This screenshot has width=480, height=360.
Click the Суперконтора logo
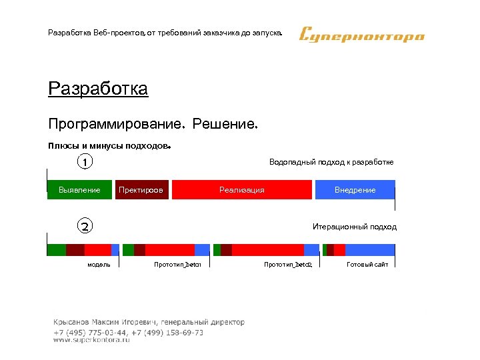point(362,34)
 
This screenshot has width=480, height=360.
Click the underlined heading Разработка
point(98,89)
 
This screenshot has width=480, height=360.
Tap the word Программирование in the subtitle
point(115,124)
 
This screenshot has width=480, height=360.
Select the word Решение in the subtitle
point(225,124)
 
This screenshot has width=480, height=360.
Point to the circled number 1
point(85,161)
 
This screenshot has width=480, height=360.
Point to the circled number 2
point(85,226)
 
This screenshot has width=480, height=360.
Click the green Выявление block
point(80,190)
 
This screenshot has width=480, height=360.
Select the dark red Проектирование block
point(141,190)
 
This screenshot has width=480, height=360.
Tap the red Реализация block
point(242,190)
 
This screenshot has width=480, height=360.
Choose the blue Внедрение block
point(355,190)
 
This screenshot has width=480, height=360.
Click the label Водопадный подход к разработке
point(331,162)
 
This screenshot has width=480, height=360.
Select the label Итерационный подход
point(354,227)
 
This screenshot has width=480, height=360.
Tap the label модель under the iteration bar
point(99,265)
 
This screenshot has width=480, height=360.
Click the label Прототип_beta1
point(177,265)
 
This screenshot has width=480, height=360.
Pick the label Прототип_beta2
point(288,265)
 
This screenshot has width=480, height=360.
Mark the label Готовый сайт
point(367,265)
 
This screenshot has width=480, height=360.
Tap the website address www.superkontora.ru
point(91,339)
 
